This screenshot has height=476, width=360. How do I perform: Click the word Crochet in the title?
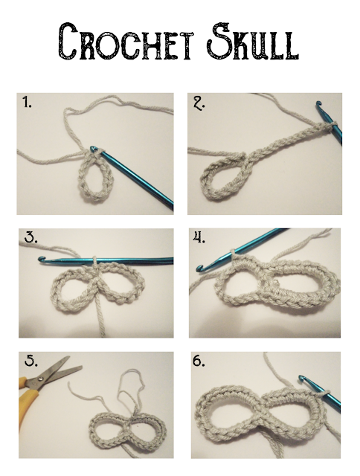[x=126, y=42]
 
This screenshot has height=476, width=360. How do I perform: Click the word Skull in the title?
[x=253, y=42]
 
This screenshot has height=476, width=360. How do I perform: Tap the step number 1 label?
[x=27, y=102]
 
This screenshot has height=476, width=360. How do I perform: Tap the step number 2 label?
[x=199, y=104]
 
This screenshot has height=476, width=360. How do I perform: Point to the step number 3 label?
[x=31, y=238]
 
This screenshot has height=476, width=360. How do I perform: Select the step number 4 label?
[x=199, y=238]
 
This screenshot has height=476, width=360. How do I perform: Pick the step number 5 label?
[x=31, y=361]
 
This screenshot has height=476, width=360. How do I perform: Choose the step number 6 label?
[x=199, y=361]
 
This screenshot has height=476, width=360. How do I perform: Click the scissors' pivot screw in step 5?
[x=40, y=379]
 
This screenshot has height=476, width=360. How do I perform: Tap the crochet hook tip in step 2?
[x=318, y=104]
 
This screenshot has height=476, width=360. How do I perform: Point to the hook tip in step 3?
[x=41, y=259]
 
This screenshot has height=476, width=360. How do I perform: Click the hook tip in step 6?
[x=301, y=378]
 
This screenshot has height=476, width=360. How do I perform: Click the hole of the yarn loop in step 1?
[x=94, y=178]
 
